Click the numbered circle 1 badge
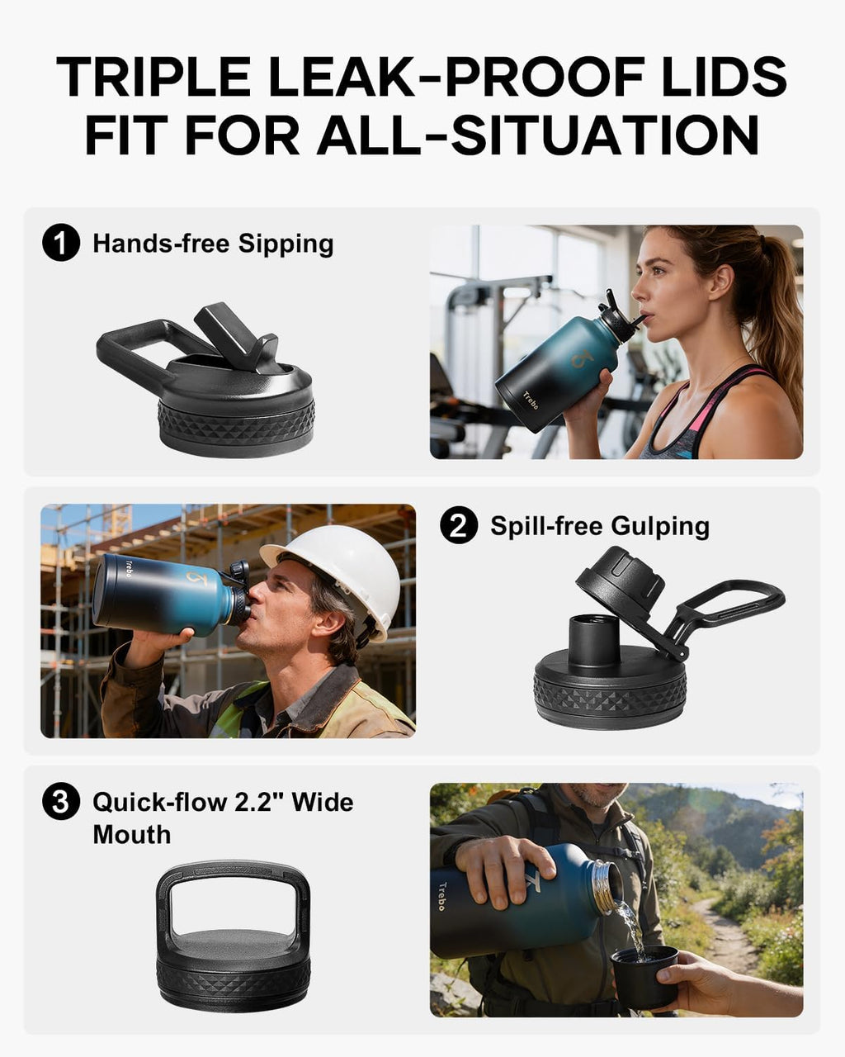click(x=61, y=242)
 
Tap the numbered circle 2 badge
click(x=459, y=524)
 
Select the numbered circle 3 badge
click(x=61, y=801)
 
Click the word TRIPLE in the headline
click(x=153, y=77)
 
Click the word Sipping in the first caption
click(x=286, y=244)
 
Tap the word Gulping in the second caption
click(x=660, y=527)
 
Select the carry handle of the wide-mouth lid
click(x=233, y=879)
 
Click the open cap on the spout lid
click(x=620, y=576)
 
